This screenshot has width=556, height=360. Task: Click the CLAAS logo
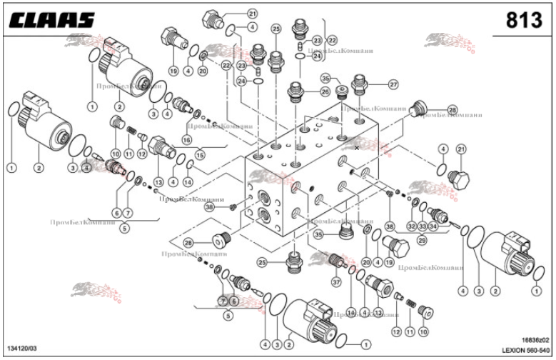(51, 21)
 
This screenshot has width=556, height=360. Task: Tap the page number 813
(523, 21)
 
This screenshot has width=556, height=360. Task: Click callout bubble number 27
(393, 84)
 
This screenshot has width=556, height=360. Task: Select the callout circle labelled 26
(325, 91)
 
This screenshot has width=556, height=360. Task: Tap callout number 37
(335, 283)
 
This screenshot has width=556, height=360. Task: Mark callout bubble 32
(411, 226)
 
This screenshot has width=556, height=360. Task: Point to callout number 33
(423, 226)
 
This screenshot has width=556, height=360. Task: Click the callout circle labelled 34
(433, 226)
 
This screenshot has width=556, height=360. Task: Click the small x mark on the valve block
(357, 149)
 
